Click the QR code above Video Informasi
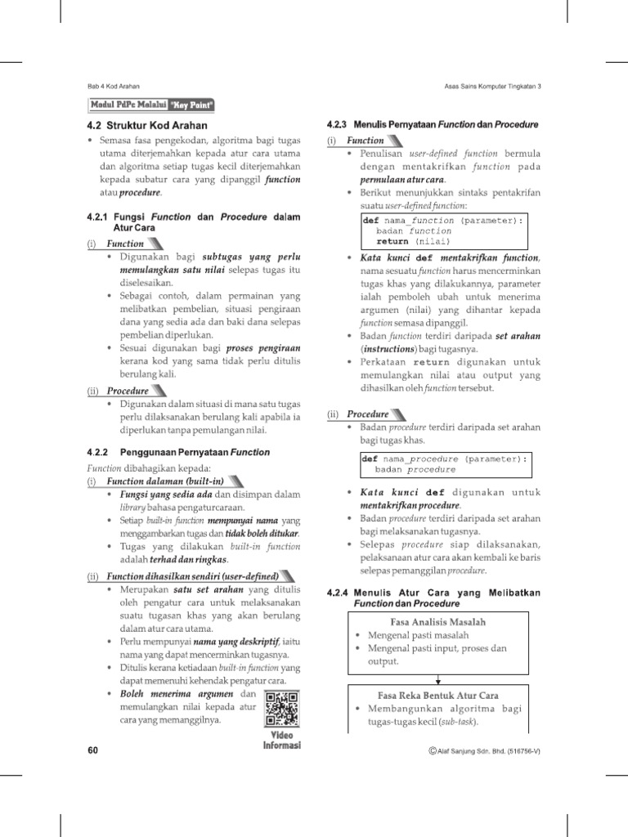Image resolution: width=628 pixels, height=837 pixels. (281, 709)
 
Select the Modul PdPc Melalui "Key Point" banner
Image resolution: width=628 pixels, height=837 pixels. (152, 105)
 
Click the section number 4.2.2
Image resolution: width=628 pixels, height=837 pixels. (97, 452)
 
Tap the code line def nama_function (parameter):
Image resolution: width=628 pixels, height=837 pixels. (442, 221)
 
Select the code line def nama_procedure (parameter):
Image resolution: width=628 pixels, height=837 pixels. (445, 459)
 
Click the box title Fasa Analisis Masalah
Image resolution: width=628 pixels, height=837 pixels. (438, 622)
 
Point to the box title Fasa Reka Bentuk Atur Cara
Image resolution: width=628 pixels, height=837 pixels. (438, 695)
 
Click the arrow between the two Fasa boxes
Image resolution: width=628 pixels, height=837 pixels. (438, 678)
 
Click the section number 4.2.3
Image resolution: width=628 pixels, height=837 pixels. (337, 125)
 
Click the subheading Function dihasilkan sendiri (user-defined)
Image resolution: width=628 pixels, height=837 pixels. (191, 576)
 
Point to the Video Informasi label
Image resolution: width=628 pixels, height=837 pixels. (281, 740)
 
